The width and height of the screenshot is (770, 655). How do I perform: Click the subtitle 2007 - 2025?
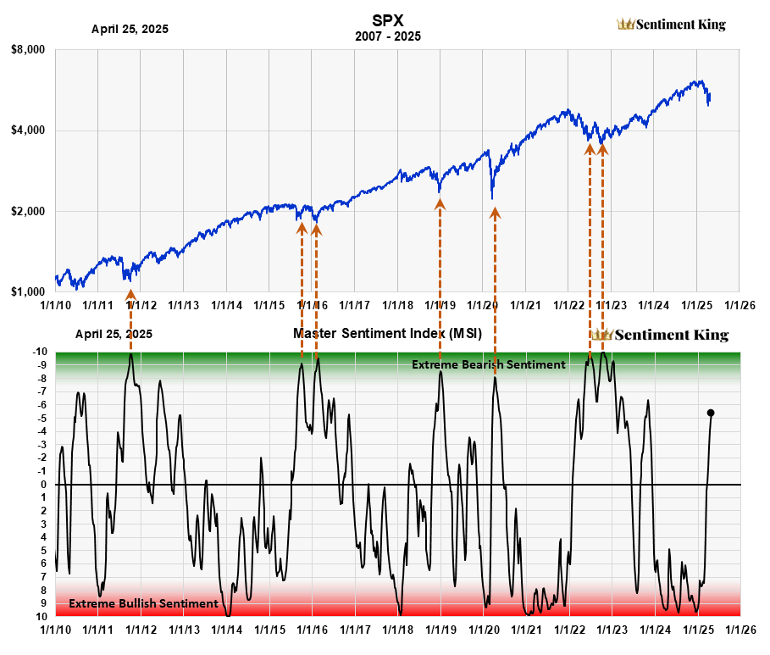click(385, 36)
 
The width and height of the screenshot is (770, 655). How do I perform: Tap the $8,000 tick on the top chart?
click(28, 50)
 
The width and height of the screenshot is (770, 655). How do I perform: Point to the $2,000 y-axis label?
click(28, 211)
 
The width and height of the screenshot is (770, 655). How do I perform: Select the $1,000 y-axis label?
click(28, 291)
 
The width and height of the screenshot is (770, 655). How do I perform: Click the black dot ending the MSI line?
click(711, 413)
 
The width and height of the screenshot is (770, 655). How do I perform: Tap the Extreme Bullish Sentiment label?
click(143, 603)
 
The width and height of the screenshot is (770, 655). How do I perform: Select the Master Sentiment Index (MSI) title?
click(387, 334)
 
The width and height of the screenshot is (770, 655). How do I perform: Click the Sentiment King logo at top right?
click(671, 25)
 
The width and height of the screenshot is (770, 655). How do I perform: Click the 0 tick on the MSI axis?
click(44, 485)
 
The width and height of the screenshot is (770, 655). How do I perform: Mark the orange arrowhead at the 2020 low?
click(495, 213)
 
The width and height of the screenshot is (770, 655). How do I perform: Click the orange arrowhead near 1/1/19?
click(440, 203)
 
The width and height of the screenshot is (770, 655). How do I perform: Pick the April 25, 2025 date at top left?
click(130, 29)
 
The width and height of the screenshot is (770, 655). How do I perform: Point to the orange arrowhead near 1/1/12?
click(130, 294)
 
